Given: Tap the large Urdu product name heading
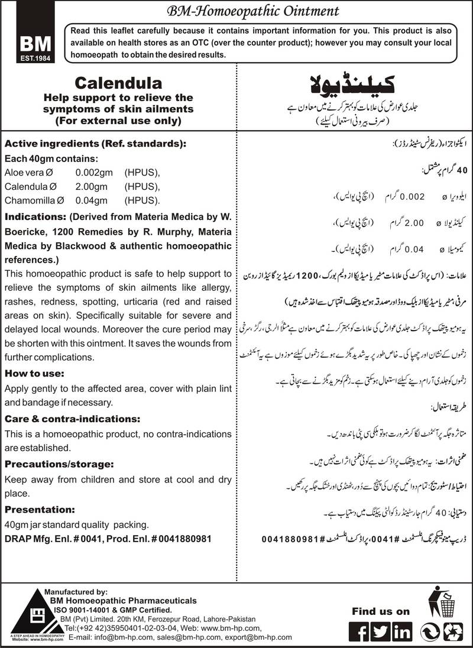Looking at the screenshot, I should (x=352, y=83).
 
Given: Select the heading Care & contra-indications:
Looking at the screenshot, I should (x=72, y=418).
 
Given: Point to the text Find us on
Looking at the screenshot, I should (x=381, y=611).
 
